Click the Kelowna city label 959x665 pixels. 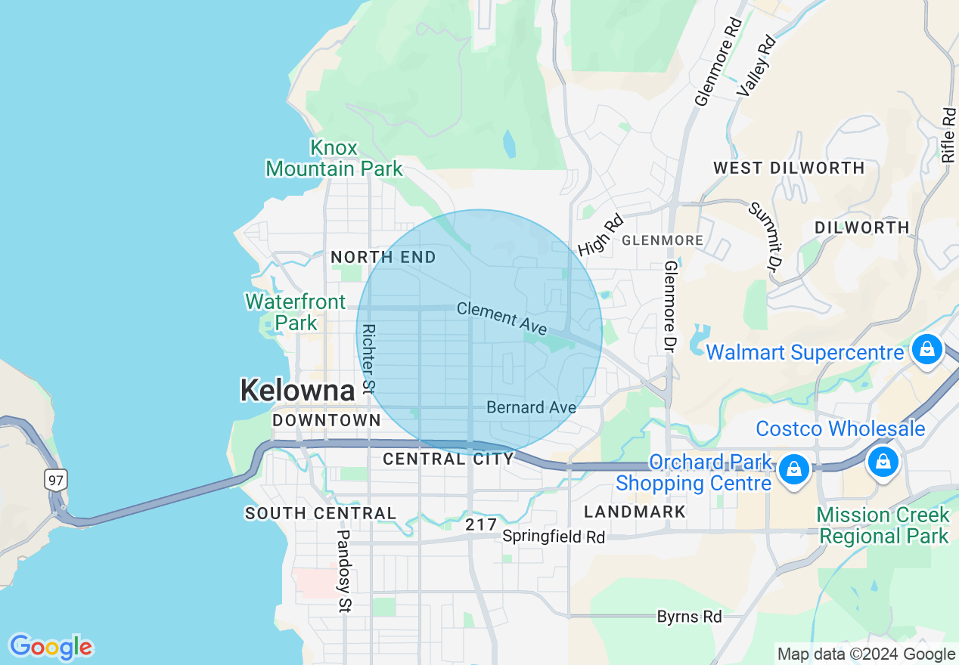(x=297, y=391)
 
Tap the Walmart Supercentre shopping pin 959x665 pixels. (x=926, y=350)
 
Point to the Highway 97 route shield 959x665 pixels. (x=55, y=480)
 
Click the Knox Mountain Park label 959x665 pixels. (x=334, y=158)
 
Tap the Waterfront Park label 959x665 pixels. (x=295, y=312)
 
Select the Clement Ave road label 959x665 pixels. (x=501, y=318)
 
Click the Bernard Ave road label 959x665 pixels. (x=531, y=407)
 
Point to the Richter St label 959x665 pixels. (x=369, y=359)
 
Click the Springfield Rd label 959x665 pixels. (x=554, y=537)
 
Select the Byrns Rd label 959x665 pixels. (x=689, y=617)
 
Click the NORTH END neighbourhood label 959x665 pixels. (x=383, y=257)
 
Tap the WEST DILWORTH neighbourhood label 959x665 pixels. (x=789, y=168)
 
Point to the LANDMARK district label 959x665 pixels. (x=635, y=512)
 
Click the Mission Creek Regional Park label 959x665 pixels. (x=883, y=526)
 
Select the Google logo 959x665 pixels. (x=51, y=647)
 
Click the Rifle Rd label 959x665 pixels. (x=949, y=135)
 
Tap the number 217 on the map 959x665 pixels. (x=481, y=524)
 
